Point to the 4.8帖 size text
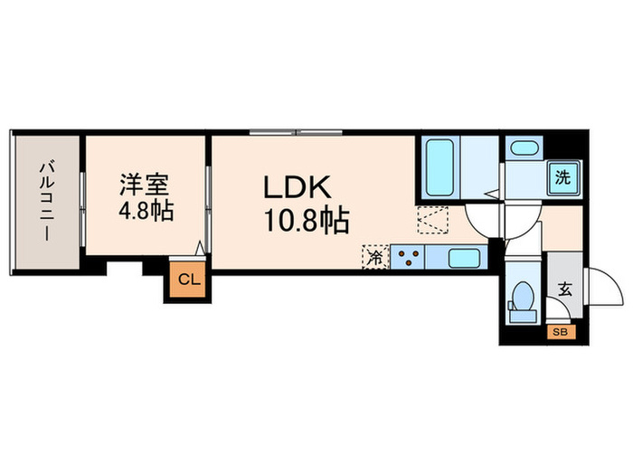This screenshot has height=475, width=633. coord(145,214)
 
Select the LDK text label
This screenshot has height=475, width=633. coord(298,188)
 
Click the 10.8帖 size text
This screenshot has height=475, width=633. coord(305,220)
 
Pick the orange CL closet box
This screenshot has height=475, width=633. coord(186,280)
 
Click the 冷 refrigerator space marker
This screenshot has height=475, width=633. coord(375,257)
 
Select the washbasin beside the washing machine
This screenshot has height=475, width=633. coord(522,149)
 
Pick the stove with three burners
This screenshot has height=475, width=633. coord(407,258)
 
